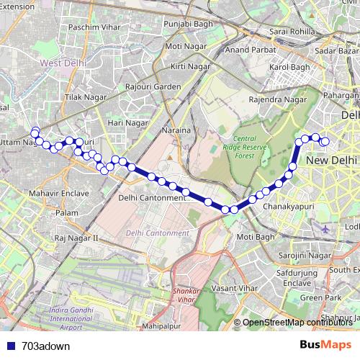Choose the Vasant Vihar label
click(235, 287)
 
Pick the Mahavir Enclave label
click(59, 194)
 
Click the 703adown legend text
click(45, 346)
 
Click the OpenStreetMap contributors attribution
click(298, 323)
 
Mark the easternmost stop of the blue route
click(325, 142)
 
